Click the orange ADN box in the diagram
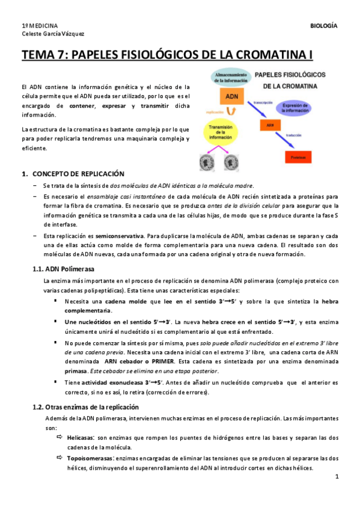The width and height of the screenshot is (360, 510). (x=231, y=96)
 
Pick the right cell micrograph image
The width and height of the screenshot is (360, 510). (x=231, y=161)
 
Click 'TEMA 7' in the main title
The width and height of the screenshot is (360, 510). (x=44, y=56)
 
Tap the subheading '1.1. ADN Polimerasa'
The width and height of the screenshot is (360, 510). (x=63, y=268)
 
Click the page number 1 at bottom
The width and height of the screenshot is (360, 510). (x=337, y=477)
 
